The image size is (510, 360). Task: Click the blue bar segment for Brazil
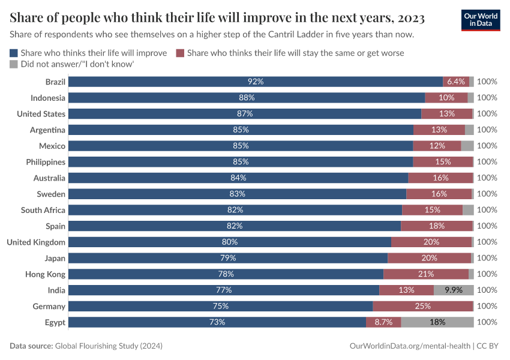point(256,82)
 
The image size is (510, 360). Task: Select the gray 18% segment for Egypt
point(437,322)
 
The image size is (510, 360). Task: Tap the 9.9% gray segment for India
point(454,290)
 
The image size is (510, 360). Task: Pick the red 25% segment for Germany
point(422,306)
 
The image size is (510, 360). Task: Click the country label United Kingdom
point(36,242)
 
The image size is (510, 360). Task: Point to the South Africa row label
point(43,210)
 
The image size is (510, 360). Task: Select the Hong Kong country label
point(46,274)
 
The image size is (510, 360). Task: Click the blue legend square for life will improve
point(14,53)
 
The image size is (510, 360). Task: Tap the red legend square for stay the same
point(180,53)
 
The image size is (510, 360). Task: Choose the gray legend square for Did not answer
point(14,64)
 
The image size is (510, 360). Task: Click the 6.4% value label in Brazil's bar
point(456,82)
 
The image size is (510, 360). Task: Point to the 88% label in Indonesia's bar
point(247,98)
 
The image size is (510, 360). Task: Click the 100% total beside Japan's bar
point(487,258)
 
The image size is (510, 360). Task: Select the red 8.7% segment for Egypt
point(383,322)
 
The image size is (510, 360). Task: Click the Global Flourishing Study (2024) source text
point(109,346)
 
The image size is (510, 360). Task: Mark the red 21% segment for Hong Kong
point(426,274)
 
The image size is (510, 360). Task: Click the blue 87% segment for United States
point(245,114)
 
